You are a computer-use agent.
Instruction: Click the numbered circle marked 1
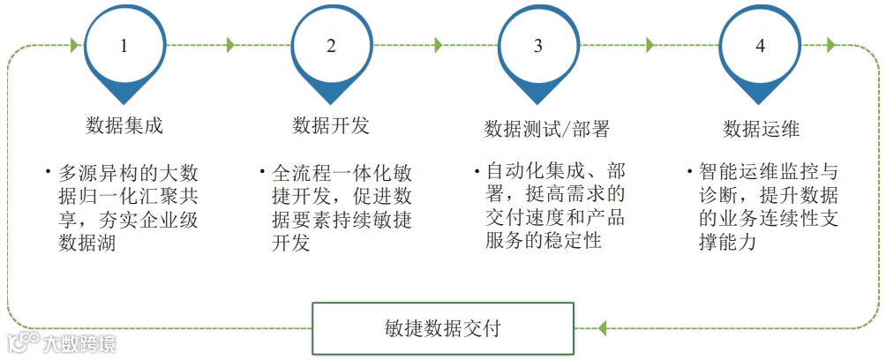pyautogui.click(x=124, y=46)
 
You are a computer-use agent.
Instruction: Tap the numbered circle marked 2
pyautogui.click(x=331, y=46)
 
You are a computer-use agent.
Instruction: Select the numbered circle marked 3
pyautogui.click(x=537, y=46)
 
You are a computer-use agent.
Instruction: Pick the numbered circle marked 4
pyautogui.click(x=760, y=46)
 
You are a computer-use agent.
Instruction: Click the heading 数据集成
pyautogui.click(x=124, y=125)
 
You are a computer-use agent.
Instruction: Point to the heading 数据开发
pyautogui.click(x=331, y=125)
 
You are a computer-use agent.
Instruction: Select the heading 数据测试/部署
pyautogui.click(x=546, y=130)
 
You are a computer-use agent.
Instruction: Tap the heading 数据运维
pyautogui.click(x=761, y=129)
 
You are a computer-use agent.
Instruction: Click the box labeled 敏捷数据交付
pyautogui.click(x=443, y=328)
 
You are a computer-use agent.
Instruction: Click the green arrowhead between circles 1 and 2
pyautogui.click(x=231, y=45)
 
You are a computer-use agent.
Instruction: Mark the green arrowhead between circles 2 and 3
pyautogui.click(x=439, y=45)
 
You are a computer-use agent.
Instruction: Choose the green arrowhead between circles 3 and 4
pyautogui.click(x=651, y=45)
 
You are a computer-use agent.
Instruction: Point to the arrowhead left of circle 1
pyautogui.click(x=75, y=45)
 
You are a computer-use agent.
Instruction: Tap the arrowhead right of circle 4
pyautogui.click(x=830, y=45)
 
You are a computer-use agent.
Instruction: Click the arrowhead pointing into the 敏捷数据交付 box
pyautogui.click(x=602, y=328)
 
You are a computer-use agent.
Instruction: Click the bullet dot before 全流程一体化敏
pyautogui.click(x=262, y=169)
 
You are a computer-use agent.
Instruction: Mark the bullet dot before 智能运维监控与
pyautogui.click(x=689, y=167)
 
